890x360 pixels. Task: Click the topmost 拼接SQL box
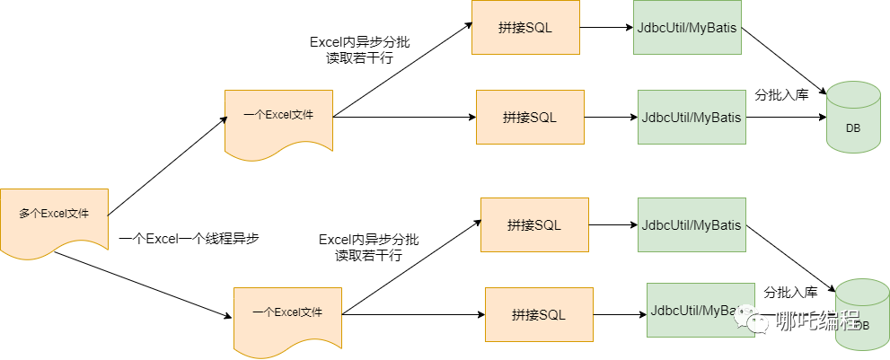click(x=525, y=28)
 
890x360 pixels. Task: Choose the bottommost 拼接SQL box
click(x=539, y=314)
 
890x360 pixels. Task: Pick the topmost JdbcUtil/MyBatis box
click(x=686, y=28)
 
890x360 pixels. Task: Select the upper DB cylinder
click(x=853, y=121)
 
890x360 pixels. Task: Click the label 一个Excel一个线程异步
click(x=189, y=239)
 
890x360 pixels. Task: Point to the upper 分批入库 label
click(x=781, y=94)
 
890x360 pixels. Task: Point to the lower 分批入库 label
click(x=790, y=293)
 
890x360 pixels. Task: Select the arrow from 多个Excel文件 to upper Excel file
click(x=166, y=167)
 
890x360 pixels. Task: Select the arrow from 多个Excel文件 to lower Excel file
click(x=144, y=285)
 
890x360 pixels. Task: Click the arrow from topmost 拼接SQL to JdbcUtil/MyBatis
click(x=606, y=28)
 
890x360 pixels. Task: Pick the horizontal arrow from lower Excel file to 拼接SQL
click(x=413, y=314)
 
